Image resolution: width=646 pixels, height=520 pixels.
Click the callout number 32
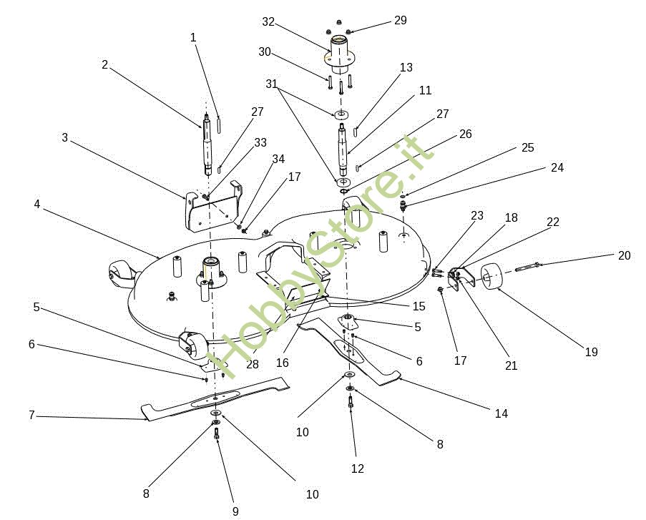point(268,22)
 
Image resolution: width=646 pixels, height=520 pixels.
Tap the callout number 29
point(401,20)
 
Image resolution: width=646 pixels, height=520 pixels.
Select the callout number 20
point(624,255)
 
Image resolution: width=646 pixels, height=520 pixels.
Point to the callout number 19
point(591,352)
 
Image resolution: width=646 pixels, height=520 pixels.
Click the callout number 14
point(501,413)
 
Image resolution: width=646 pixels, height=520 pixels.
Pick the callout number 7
point(31,415)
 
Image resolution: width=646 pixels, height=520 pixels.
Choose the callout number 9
point(235,511)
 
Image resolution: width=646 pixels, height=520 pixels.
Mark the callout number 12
point(358,469)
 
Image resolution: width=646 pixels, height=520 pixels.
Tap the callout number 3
point(64,137)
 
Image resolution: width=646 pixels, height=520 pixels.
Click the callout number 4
point(37,204)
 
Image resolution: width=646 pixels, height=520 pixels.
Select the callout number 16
point(282,363)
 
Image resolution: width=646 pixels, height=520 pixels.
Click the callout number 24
point(557,167)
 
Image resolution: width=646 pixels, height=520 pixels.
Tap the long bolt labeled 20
point(527,267)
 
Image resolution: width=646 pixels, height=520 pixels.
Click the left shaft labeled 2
point(207,144)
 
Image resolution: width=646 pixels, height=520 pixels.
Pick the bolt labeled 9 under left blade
point(216,433)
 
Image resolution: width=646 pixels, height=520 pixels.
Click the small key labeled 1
point(219,124)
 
